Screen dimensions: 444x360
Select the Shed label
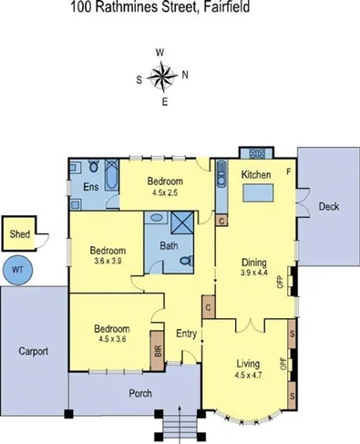pos(19,234)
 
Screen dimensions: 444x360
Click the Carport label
pos(32,350)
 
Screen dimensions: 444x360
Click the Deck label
pos(329,207)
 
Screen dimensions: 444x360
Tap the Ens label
pos(91,187)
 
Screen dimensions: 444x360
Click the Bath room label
pos(169,245)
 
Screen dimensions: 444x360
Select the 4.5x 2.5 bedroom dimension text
pos(171,191)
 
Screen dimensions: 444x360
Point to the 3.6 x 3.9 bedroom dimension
pos(108,260)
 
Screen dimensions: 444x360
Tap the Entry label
pos(187,333)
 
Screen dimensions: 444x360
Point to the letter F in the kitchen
pos(289,170)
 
